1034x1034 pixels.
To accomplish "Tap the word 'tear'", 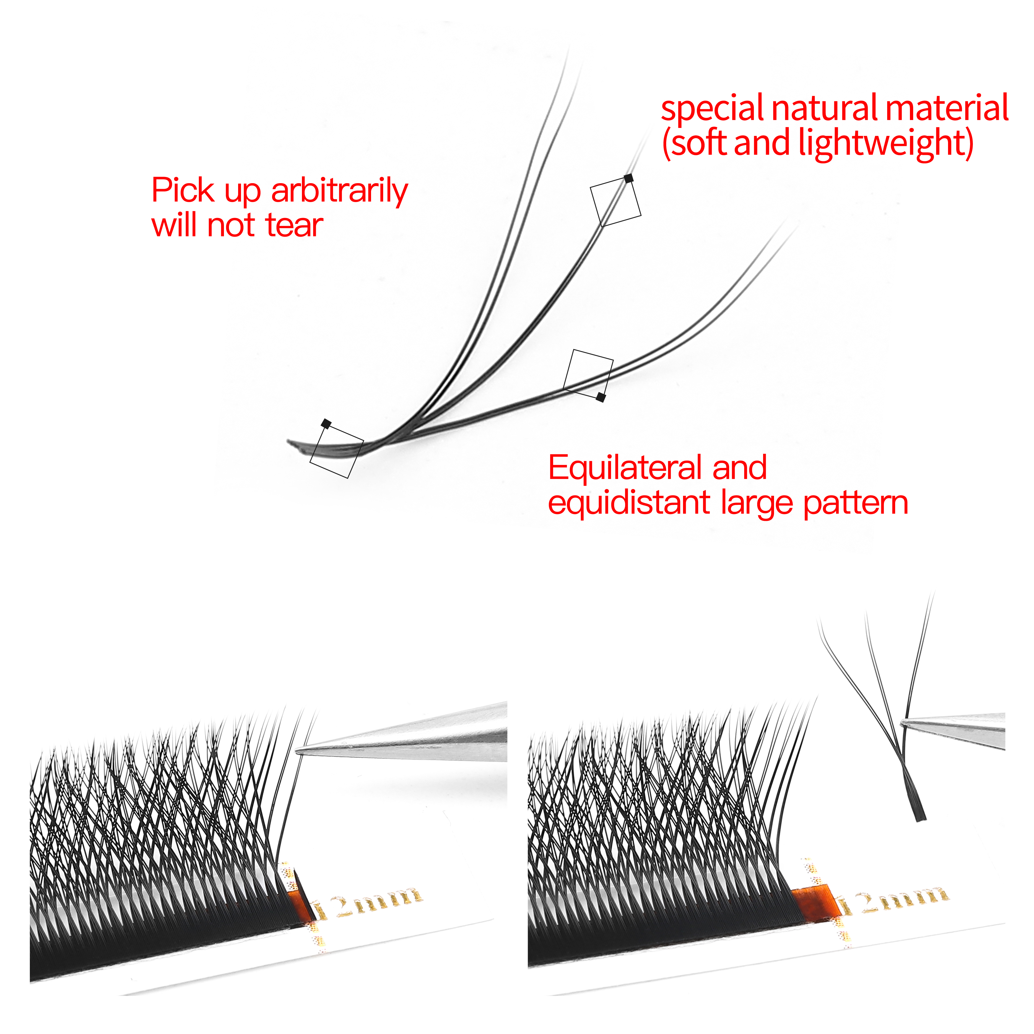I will click(x=294, y=225).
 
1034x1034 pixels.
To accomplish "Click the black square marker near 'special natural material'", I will click(x=629, y=178).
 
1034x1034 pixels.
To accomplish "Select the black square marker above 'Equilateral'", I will click(x=601, y=397).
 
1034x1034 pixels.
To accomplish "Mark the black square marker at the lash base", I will click(x=326, y=424).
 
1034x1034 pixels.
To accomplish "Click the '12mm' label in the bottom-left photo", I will click(x=369, y=905).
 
